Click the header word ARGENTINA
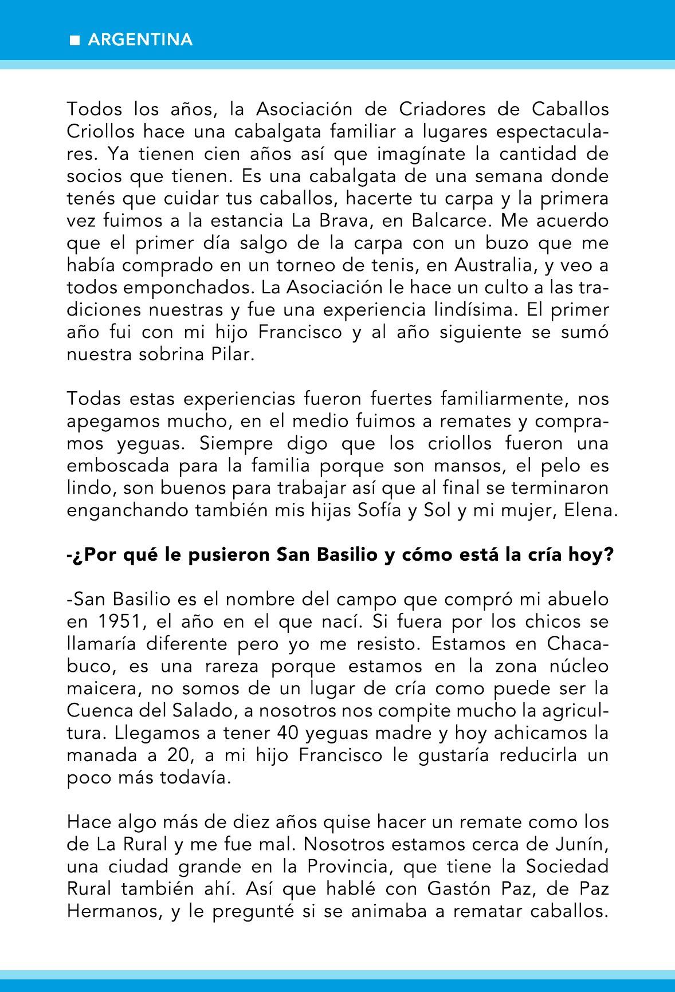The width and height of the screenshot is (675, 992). click(140, 40)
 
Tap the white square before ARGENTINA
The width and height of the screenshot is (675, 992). click(74, 41)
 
